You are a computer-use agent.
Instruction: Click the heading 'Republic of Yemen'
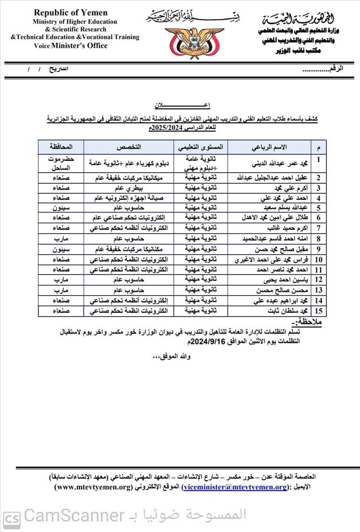[x=71, y=13]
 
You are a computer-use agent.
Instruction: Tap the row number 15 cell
[x=318, y=311]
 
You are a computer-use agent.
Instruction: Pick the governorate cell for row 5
[x=61, y=208]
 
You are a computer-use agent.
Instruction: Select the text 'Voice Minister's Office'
[x=71, y=46]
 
